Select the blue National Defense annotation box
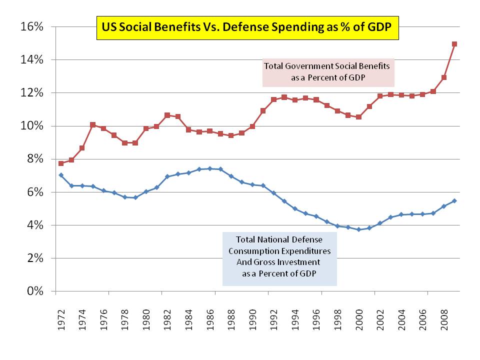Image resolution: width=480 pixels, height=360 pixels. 279,258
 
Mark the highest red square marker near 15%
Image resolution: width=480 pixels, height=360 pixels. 454,44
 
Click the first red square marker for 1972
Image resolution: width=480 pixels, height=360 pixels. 61,163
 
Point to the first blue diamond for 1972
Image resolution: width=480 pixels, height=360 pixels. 61,175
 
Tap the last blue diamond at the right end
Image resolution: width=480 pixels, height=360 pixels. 454,201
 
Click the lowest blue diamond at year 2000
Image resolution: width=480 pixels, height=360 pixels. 358,229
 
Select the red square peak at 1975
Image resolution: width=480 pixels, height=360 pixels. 93,124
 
